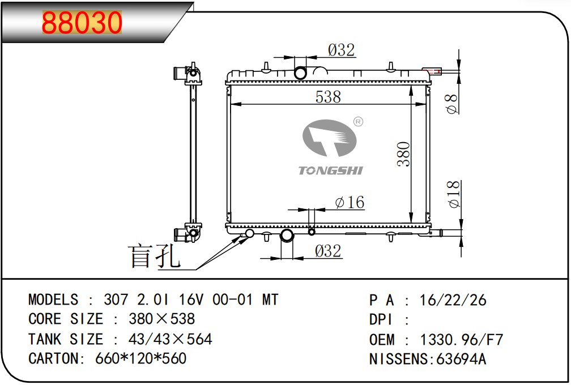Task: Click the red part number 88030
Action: pyautogui.click(x=82, y=22)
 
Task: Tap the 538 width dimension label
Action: pyautogui.click(x=328, y=97)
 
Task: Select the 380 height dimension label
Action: pyautogui.click(x=403, y=155)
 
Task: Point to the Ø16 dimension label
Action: pyautogui.click(x=350, y=202)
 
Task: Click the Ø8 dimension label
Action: pyautogui.click(x=452, y=104)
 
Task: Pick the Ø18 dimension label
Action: pyautogui.click(x=454, y=194)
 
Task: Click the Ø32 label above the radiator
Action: pyautogui.click(x=341, y=50)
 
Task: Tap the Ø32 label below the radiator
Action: pyautogui.click(x=328, y=251)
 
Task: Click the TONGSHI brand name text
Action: pyautogui.click(x=331, y=170)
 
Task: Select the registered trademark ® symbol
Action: pyautogui.click(x=359, y=122)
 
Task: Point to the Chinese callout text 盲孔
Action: pyautogui.click(x=154, y=256)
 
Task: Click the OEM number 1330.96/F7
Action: pyautogui.click(x=461, y=340)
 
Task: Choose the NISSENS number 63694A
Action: pyautogui.click(x=461, y=359)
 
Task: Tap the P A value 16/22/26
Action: pyautogui.click(x=453, y=300)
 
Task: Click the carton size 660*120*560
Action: pyautogui.click(x=140, y=358)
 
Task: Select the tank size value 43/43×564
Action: pyautogui.click(x=170, y=339)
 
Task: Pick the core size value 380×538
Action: pyautogui.click(x=161, y=319)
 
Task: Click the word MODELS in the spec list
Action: pyautogui.click(x=53, y=300)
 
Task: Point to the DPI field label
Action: pyautogui.click(x=381, y=319)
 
